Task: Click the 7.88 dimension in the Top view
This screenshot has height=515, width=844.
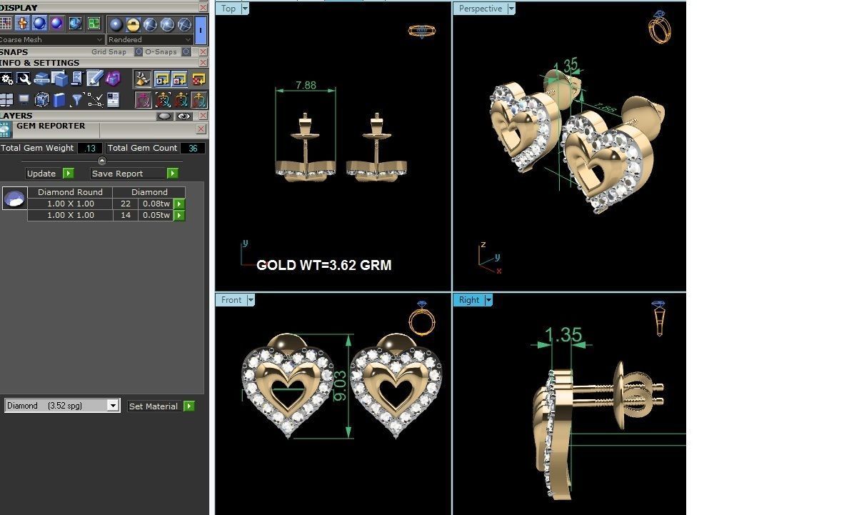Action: coord(305,86)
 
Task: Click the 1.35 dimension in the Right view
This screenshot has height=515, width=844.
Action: coord(563,335)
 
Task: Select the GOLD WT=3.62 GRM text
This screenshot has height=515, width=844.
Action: coord(323,265)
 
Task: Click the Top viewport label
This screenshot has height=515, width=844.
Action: coord(228,9)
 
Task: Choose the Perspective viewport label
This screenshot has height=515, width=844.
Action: coord(480,9)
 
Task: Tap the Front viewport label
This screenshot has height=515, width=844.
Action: coord(231,300)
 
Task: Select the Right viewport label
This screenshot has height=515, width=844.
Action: coord(469,300)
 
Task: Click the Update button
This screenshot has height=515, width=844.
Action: coord(41,174)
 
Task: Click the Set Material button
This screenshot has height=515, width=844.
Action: coord(153,406)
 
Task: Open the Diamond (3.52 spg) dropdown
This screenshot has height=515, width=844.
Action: coord(112,406)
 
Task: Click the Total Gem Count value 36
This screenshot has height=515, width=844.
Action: coord(193,149)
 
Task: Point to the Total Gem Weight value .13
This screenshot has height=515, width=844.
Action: coord(89,149)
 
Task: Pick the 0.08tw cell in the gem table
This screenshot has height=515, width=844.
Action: coord(156,204)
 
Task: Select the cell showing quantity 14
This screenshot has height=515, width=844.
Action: coord(126,215)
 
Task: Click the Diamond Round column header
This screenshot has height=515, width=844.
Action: coord(70,192)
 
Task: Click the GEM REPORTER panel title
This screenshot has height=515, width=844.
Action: coord(51,126)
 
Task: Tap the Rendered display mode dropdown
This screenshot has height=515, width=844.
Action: coord(150,40)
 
